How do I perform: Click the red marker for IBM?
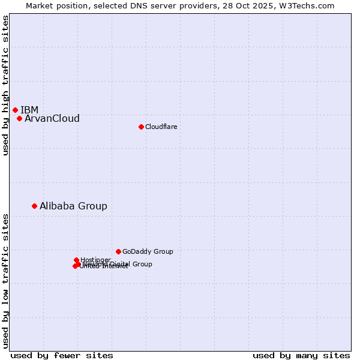[15, 110]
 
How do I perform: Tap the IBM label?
[29, 110]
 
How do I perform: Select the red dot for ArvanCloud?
[19, 118]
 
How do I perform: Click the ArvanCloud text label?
[52, 118]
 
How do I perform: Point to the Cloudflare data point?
[141, 127]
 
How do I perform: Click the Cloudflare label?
[161, 127]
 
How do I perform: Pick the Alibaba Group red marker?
[34, 206]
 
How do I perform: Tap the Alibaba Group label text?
[73, 206]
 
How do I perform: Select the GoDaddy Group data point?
[118, 251]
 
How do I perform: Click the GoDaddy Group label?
[148, 251]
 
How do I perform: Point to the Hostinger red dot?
[76, 260]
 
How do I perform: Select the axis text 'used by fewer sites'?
[62, 355]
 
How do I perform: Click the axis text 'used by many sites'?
[301, 355]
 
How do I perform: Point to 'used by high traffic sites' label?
[5, 86]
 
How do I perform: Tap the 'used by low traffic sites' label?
[5, 280]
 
